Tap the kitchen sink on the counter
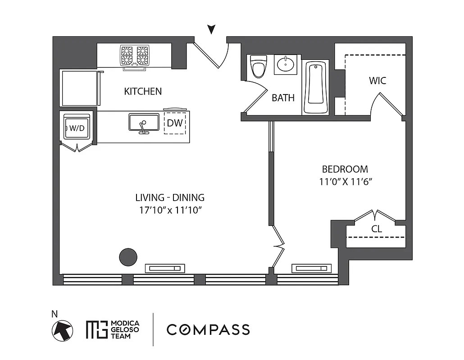(144, 122)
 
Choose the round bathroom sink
(285, 65)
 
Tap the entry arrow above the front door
(211, 30)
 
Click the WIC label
(378, 81)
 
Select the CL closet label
(377, 229)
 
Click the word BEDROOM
(345, 170)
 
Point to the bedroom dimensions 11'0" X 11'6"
(345, 182)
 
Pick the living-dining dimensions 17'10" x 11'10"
(170, 210)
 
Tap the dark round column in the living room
(128, 257)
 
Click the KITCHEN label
(143, 92)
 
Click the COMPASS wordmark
(208, 329)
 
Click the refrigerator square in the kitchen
(79, 88)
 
